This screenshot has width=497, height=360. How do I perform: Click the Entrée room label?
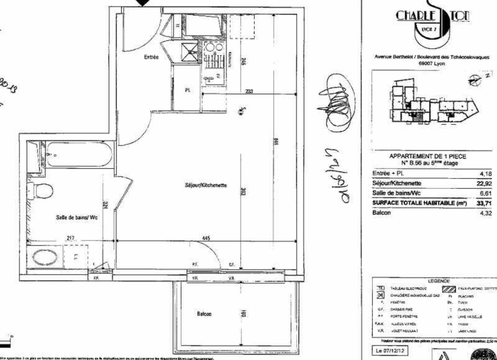[151, 57]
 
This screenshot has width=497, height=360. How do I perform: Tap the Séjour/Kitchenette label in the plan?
[206, 185]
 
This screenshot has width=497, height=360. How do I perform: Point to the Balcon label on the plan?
[204, 314]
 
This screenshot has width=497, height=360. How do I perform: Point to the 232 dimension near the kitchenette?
[249, 91]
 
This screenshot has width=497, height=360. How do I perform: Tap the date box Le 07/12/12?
[389, 351]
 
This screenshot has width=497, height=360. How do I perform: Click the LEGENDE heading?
[439, 281]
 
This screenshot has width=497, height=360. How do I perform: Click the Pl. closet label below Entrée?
[188, 90]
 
